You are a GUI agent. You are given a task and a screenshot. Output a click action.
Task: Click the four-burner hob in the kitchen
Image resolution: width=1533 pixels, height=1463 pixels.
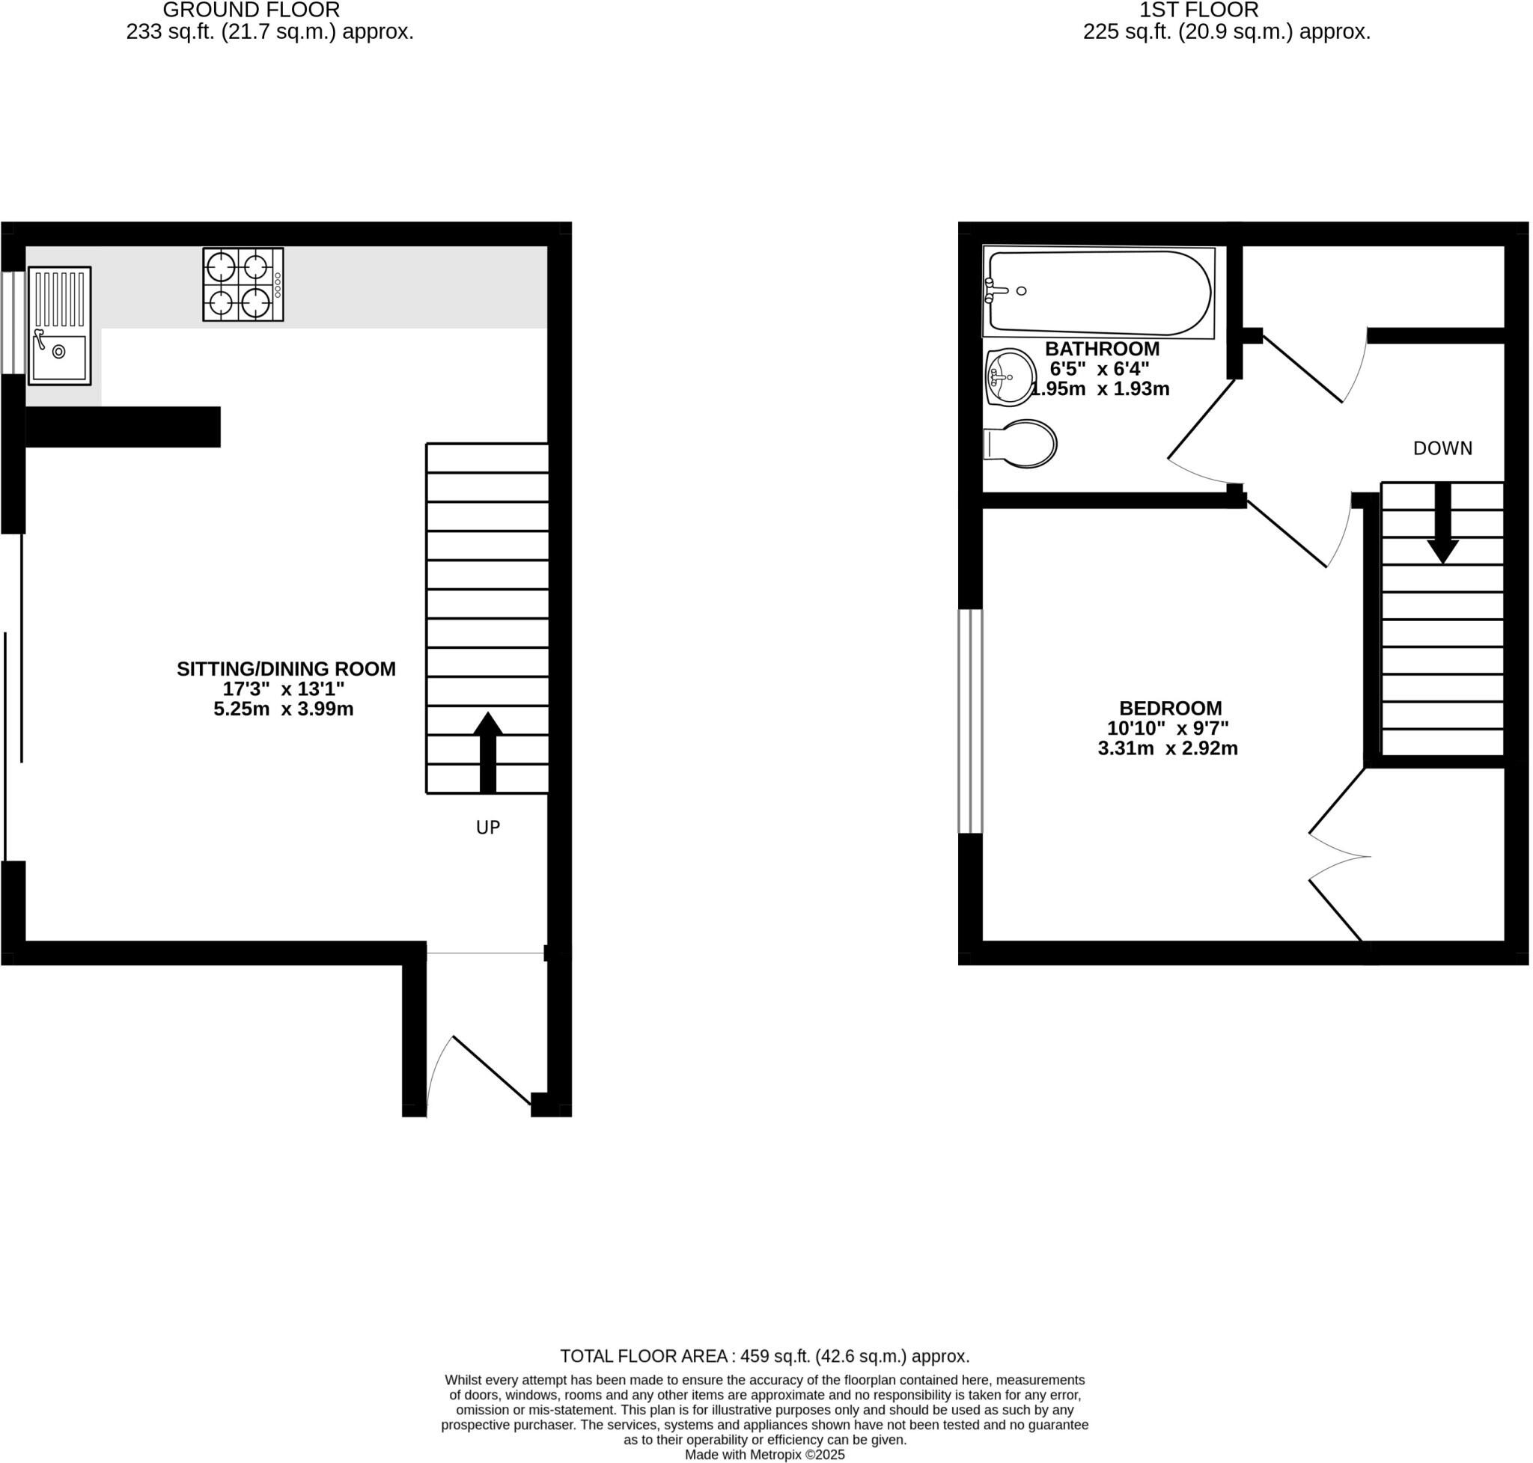(243, 284)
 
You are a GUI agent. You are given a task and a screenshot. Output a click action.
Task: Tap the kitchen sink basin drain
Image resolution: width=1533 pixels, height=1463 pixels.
(58, 352)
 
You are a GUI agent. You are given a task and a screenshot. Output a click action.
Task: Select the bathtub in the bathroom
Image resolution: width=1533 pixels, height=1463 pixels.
(1098, 292)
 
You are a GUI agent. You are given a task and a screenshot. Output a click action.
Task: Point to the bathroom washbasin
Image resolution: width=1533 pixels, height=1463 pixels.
(1011, 377)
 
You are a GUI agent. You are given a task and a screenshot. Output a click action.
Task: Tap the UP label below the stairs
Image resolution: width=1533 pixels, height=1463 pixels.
(487, 828)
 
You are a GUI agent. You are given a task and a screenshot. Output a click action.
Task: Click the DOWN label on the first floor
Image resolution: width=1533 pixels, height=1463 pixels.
(1442, 448)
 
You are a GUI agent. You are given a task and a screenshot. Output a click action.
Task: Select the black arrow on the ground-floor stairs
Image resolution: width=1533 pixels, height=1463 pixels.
(487, 752)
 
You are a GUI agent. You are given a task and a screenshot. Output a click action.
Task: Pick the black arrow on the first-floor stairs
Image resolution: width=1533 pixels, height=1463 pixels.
(1442, 523)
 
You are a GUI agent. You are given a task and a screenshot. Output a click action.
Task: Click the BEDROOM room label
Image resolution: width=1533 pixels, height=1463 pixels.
(1170, 708)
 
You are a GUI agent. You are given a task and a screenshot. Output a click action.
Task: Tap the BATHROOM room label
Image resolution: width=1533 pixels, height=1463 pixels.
(1102, 349)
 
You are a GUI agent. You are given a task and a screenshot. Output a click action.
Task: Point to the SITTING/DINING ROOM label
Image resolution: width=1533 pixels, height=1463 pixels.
(285, 669)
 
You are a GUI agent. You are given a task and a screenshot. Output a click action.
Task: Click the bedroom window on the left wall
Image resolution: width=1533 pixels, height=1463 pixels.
(970, 721)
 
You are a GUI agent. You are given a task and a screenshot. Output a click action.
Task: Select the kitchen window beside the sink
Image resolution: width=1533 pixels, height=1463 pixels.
(13, 322)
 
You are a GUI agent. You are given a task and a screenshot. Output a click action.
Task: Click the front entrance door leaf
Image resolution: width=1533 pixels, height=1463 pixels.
(492, 1069)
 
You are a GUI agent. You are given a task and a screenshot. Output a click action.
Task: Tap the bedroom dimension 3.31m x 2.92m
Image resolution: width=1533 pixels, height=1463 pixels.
(1167, 748)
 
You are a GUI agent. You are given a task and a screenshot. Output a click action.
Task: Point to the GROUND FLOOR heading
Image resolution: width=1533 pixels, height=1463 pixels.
(251, 10)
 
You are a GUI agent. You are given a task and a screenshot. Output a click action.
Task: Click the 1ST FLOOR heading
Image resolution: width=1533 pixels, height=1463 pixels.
(1198, 10)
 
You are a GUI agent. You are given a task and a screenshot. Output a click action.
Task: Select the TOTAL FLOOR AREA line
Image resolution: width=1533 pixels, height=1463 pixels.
(764, 1356)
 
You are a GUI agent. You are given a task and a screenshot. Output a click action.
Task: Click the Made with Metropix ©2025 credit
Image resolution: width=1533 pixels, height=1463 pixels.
(764, 1456)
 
